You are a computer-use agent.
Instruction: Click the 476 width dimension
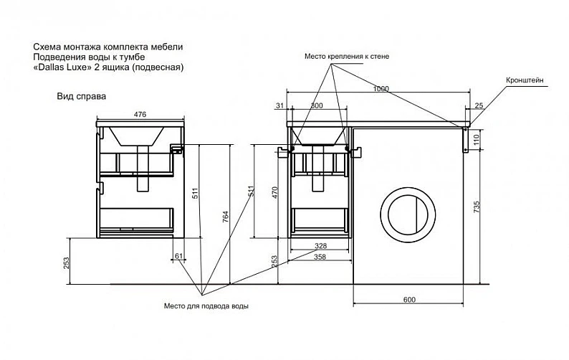(x=140, y=114)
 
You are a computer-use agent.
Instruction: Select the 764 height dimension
(x=226, y=217)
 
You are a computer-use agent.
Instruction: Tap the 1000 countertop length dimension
(x=381, y=89)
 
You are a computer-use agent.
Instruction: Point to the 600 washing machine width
(x=409, y=300)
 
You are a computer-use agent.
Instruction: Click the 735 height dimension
(x=477, y=207)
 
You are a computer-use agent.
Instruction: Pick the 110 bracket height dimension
(x=477, y=140)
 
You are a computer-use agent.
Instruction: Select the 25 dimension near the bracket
(x=479, y=105)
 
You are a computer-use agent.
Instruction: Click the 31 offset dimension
(x=279, y=105)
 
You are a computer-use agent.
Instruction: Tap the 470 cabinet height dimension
(x=274, y=192)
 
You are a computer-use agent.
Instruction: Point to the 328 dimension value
(x=320, y=246)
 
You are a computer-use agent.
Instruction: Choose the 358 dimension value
(x=320, y=257)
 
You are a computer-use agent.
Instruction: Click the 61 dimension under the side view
(x=179, y=256)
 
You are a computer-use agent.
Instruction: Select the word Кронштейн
(x=525, y=80)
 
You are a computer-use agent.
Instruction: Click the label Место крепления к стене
(x=347, y=57)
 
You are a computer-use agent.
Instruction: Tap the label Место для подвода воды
(x=206, y=306)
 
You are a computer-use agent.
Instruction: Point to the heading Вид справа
(x=81, y=96)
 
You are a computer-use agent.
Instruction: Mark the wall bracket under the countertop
(x=465, y=140)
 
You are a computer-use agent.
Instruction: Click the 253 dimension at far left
(x=66, y=263)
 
